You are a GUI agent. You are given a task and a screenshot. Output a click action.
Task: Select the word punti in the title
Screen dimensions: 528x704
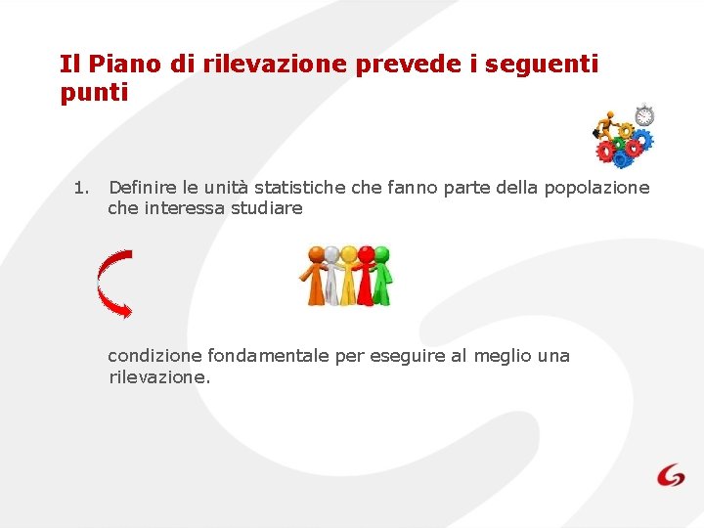(x=94, y=93)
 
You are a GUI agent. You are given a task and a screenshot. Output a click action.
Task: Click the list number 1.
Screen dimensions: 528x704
(x=81, y=187)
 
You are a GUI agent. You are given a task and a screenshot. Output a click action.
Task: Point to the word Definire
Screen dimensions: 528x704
(x=143, y=187)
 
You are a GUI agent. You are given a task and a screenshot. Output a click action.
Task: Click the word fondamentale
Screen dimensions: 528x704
(x=263, y=355)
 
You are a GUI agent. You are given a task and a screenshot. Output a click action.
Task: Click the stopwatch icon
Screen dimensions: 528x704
(x=643, y=115)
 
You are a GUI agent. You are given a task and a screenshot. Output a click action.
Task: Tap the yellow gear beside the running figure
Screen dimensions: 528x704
(x=625, y=130)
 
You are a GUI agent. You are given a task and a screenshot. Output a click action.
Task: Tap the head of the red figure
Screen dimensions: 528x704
(x=367, y=252)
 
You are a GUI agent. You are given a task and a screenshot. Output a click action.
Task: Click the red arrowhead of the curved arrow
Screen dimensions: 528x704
(x=125, y=310)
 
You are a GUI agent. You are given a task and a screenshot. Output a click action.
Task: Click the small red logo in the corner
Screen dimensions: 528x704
(x=671, y=475)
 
